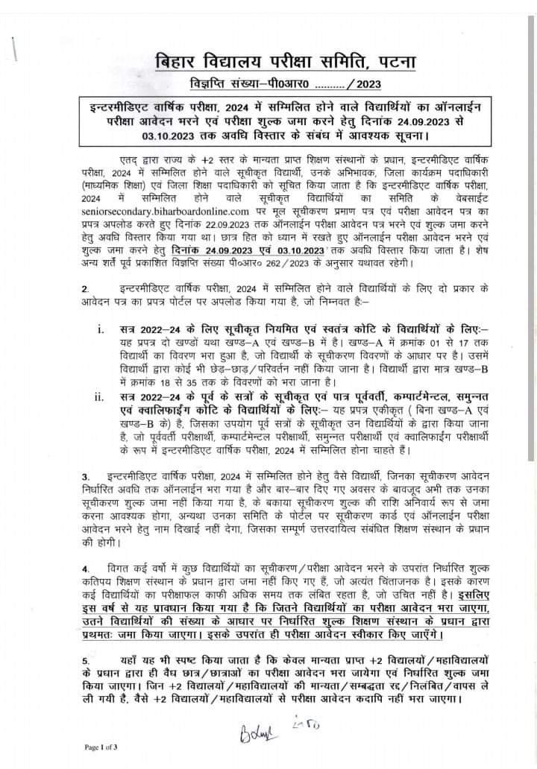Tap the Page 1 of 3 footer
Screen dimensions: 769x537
(x=101, y=746)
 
